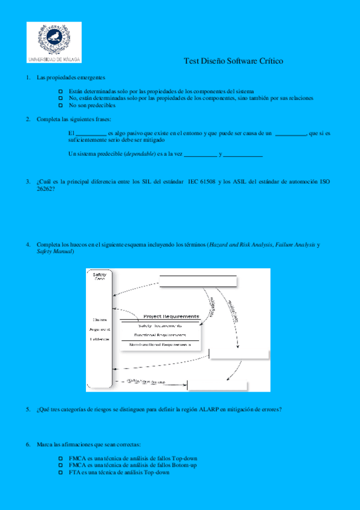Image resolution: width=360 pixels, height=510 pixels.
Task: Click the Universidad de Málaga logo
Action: point(53,42)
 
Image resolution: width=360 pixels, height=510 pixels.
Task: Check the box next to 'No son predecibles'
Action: point(61,105)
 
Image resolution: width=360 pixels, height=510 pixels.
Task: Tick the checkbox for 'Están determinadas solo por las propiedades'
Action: point(61,91)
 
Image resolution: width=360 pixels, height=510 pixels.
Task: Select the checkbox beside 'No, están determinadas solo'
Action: point(61,97)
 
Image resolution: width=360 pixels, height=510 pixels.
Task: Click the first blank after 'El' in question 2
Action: point(91,133)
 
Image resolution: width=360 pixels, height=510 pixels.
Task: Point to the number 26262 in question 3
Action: point(43,189)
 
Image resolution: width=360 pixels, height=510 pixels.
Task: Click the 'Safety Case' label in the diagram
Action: point(100,277)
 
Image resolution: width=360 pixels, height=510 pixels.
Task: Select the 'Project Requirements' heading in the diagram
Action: point(170,316)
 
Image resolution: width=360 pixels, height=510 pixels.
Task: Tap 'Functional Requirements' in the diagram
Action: point(159,334)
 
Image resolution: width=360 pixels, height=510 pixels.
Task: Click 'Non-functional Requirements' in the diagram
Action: point(160,344)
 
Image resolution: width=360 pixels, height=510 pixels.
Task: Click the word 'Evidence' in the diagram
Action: point(100,339)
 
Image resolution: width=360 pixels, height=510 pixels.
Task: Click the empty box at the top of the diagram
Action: point(198,281)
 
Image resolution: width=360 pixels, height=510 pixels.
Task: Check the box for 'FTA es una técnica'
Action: point(61,473)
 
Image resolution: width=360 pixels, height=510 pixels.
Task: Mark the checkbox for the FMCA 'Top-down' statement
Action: point(61,459)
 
